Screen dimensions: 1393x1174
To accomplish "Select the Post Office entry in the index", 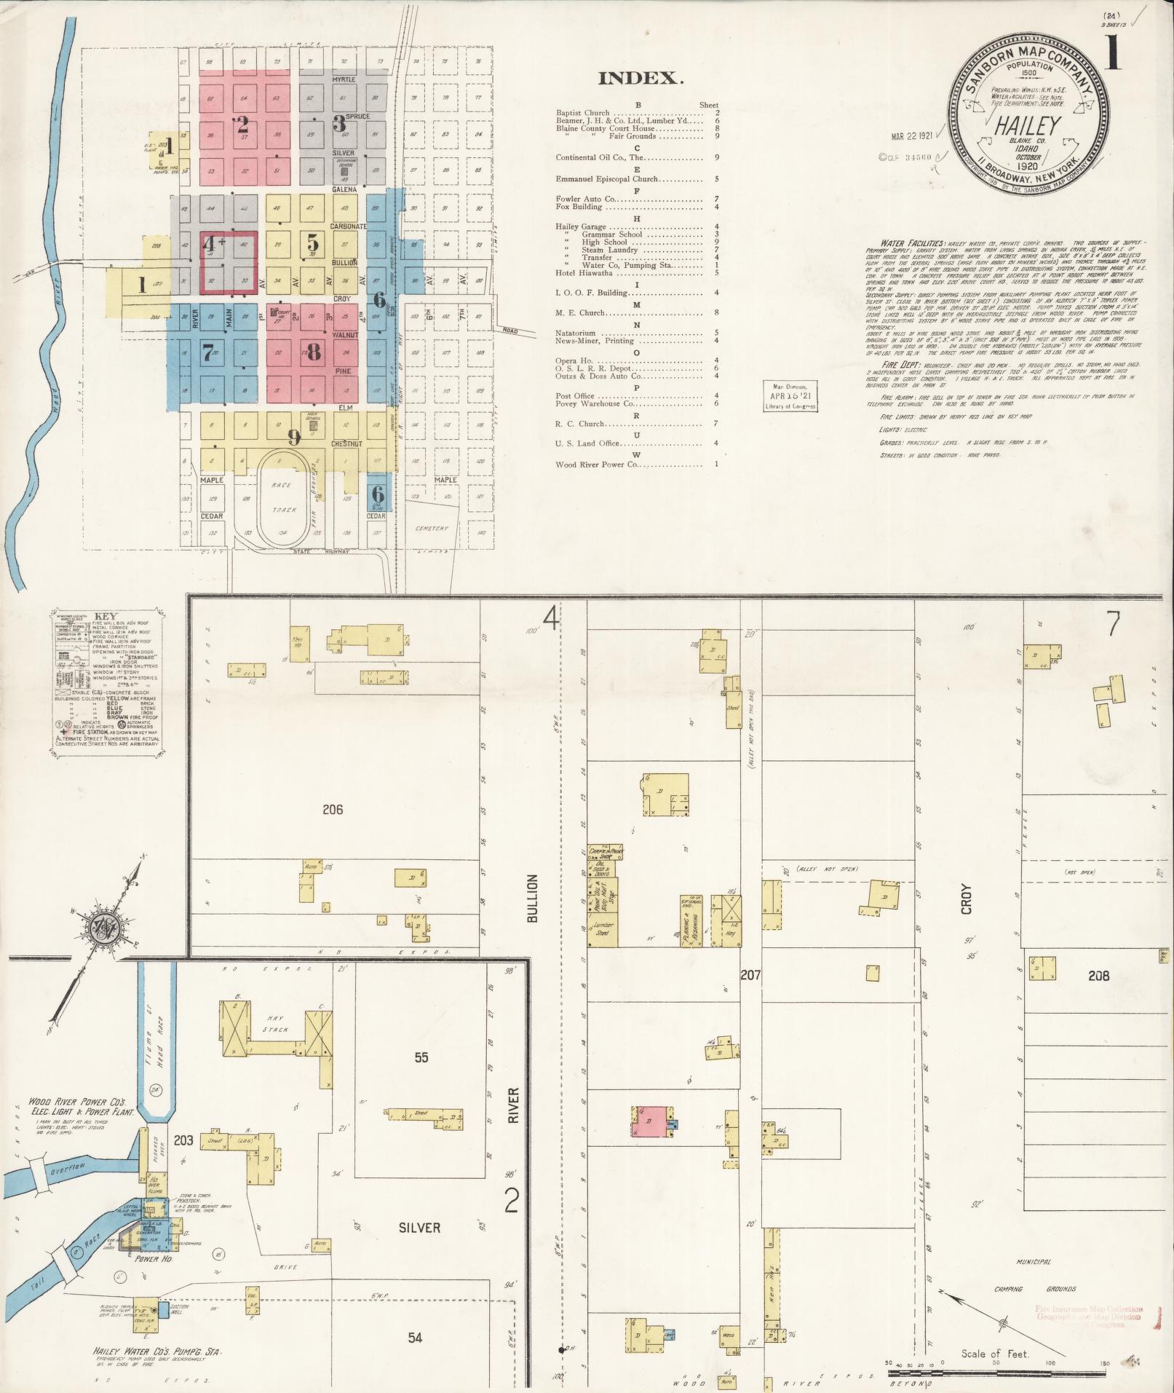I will coord(575,396).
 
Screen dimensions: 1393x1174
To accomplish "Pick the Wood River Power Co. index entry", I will coord(596,464).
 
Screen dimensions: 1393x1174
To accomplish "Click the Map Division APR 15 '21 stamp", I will coord(790,397).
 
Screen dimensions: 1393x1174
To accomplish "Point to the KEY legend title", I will coord(105,615).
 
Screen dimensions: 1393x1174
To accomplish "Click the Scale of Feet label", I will coord(995,1354).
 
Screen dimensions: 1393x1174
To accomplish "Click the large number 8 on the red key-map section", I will coord(314,352).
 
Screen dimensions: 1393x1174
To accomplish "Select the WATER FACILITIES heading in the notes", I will coord(913,242).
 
